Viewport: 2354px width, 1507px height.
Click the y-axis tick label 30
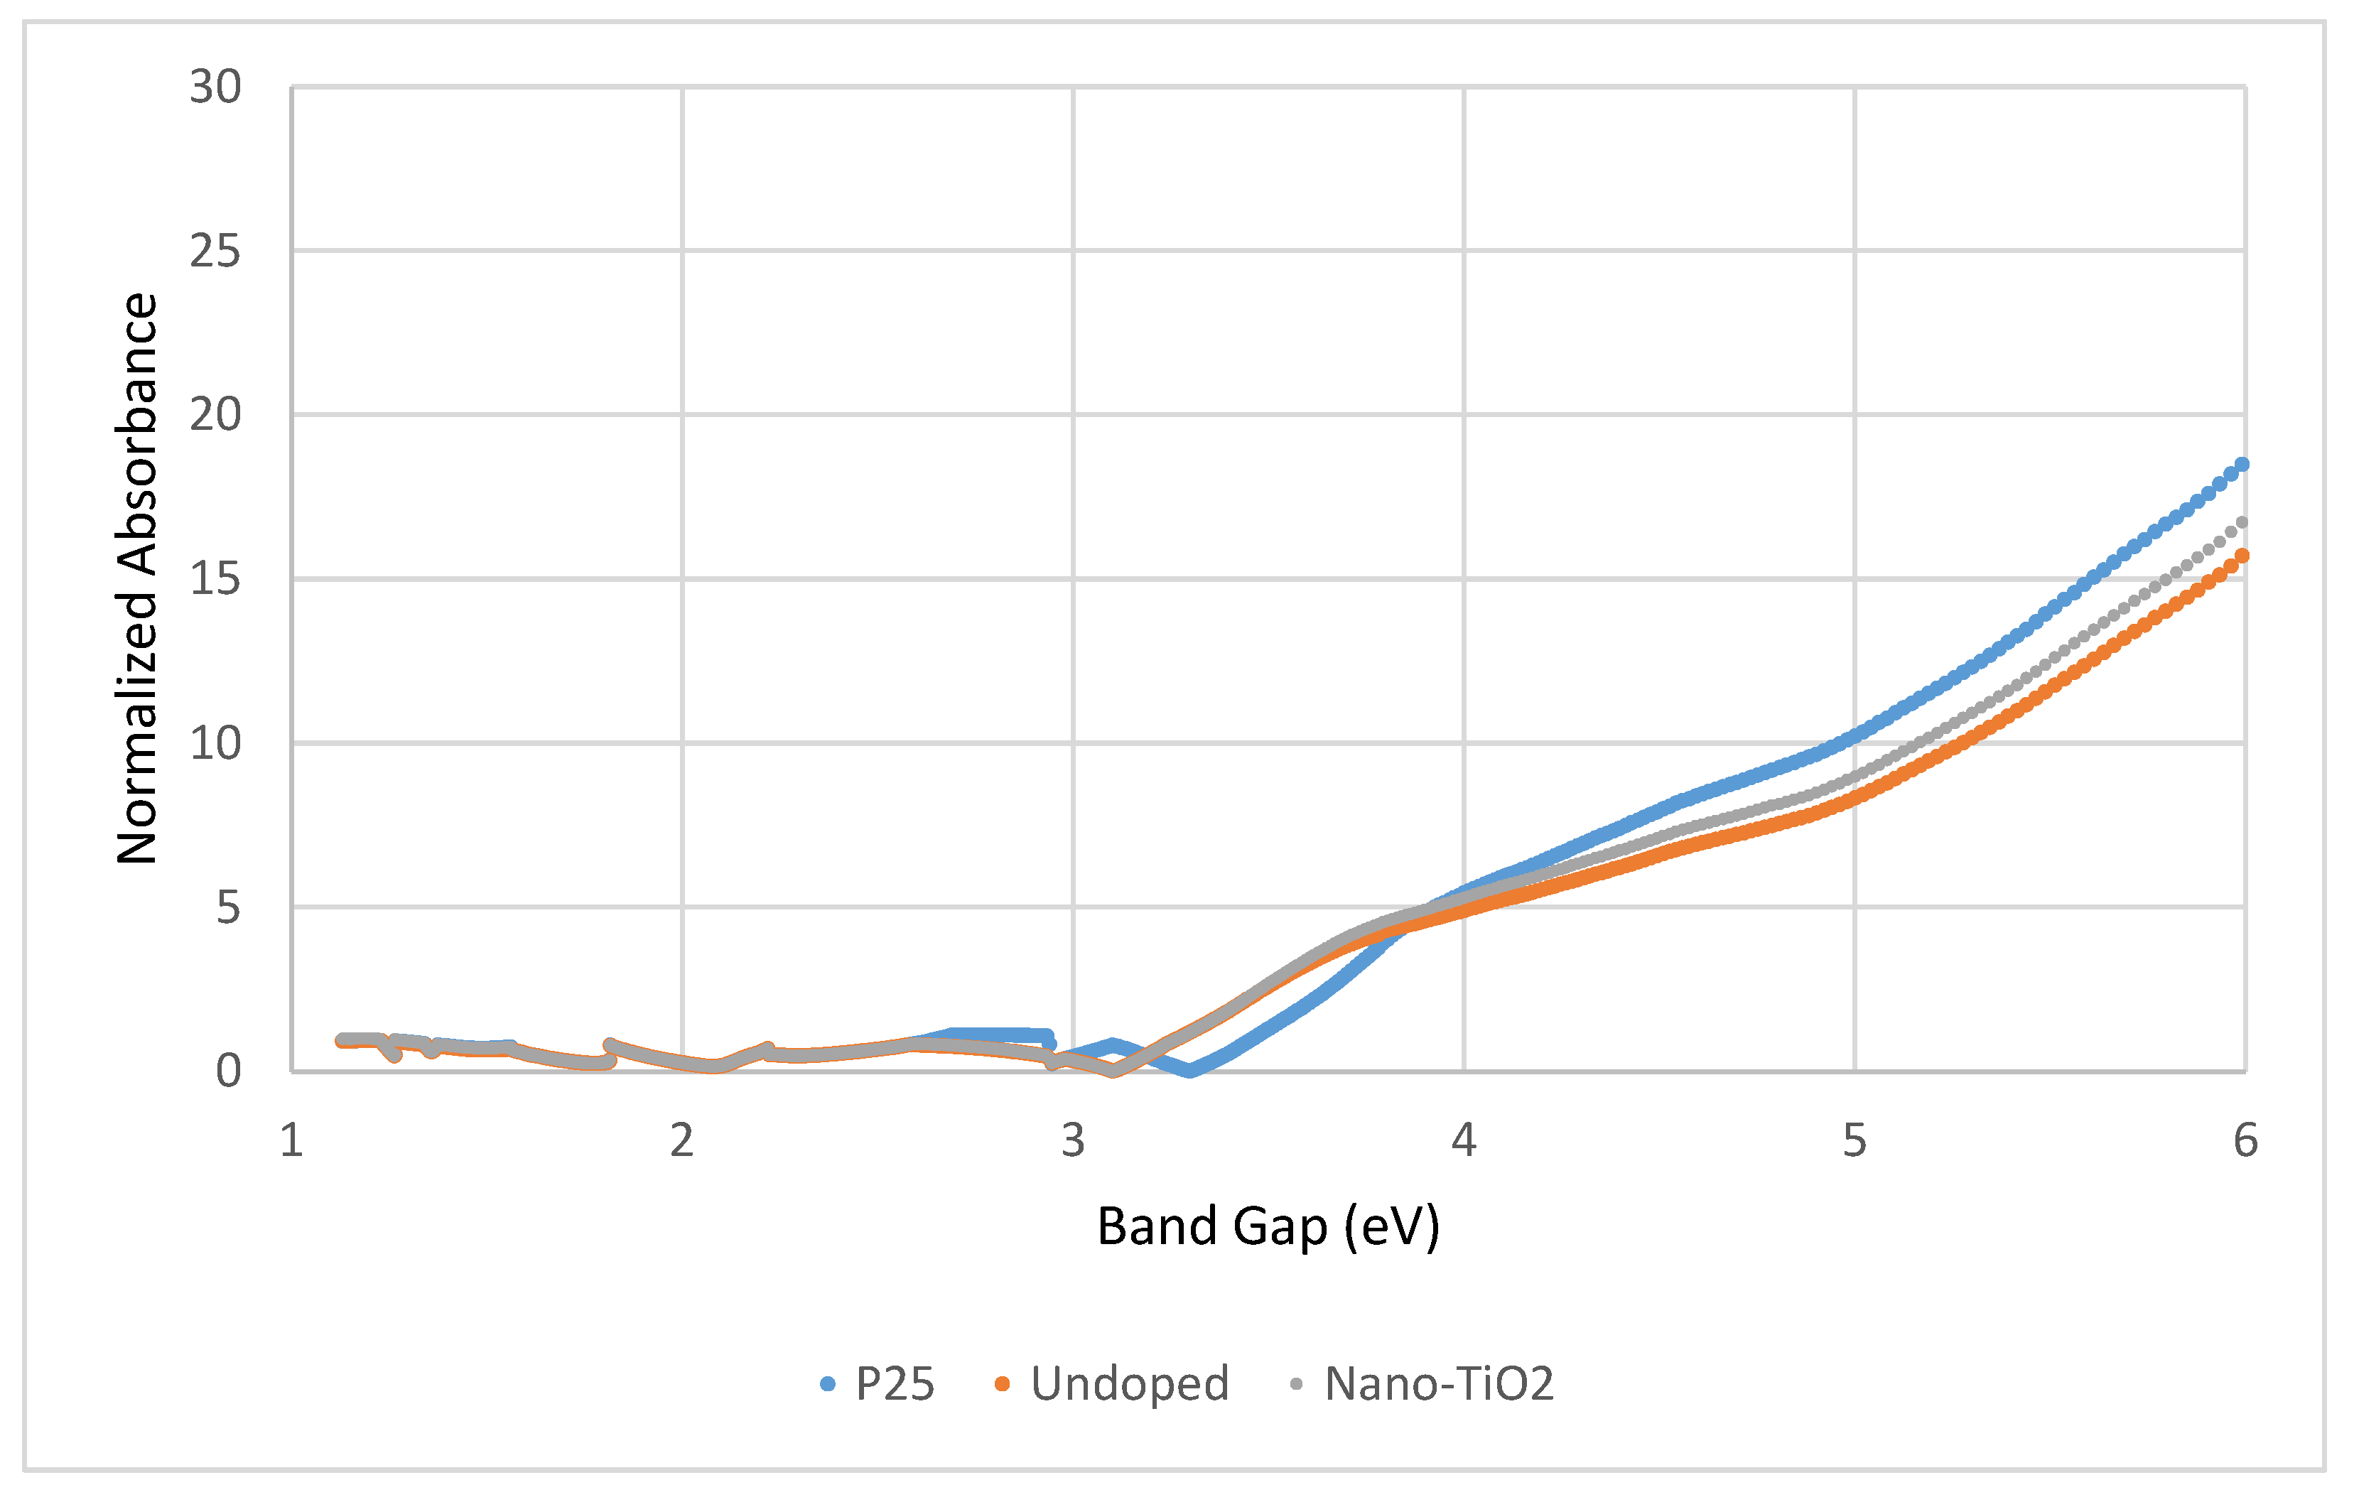pyautogui.click(x=215, y=87)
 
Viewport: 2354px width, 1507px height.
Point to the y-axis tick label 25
pyautogui.click(x=215, y=252)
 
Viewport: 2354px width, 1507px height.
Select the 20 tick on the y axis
pyautogui.click(x=215, y=415)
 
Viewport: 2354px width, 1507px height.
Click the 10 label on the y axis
pyautogui.click(x=215, y=744)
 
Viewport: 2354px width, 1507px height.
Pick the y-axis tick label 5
pyautogui.click(x=227, y=908)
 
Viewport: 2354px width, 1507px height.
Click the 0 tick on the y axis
pyautogui.click(x=227, y=1071)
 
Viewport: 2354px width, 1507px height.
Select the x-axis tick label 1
pyautogui.click(x=291, y=1142)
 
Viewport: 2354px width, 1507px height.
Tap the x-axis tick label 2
pyautogui.click(x=682, y=1142)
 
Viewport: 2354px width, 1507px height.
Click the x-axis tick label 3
pyautogui.click(x=1074, y=1142)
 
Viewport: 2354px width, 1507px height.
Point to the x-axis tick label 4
pyautogui.click(x=1464, y=1142)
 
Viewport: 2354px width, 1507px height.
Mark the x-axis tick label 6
pyautogui.click(x=2245, y=1142)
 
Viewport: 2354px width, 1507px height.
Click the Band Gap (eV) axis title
pyautogui.click(x=1268, y=1227)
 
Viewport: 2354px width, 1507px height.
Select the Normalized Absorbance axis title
pyautogui.click(x=137, y=578)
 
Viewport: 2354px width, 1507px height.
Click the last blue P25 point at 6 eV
pyautogui.click(x=2242, y=464)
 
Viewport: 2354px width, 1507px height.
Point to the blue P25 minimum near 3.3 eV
pyautogui.click(x=1189, y=1071)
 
